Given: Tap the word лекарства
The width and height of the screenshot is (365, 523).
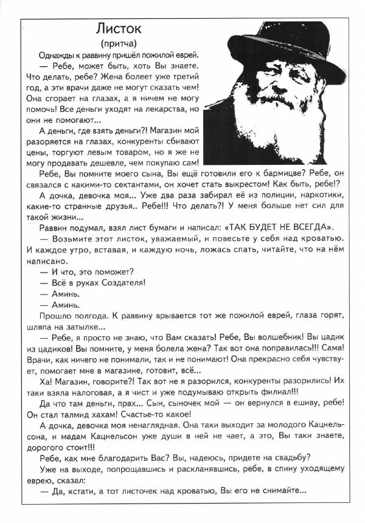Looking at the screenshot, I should pos(164,108).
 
